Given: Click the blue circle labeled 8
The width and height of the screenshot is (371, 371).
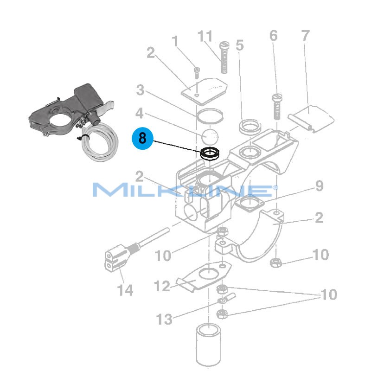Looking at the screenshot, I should pyautogui.click(x=142, y=138).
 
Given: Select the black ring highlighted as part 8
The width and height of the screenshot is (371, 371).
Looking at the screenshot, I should pyautogui.click(x=210, y=153).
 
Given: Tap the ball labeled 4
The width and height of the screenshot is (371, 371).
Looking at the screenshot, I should pyautogui.click(x=210, y=136).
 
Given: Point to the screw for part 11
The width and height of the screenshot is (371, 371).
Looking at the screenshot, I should pyautogui.click(x=224, y=58).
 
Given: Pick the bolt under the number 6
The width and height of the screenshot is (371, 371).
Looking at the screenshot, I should pyautogui.click(x=277, y=106).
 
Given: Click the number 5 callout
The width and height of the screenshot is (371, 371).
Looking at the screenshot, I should pyautogui.click(x=239, y=45).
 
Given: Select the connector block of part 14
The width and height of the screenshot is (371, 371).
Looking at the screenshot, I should pyautogui.click(x=114, y=259).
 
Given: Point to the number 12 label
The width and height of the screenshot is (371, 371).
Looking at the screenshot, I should pyautogui.click(x=162, y=286).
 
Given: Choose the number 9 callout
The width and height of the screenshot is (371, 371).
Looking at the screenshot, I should pyautogui.click(x=319, y=186).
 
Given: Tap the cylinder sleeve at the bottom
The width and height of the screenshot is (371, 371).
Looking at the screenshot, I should pyautogui.click(x=210, y=345).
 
